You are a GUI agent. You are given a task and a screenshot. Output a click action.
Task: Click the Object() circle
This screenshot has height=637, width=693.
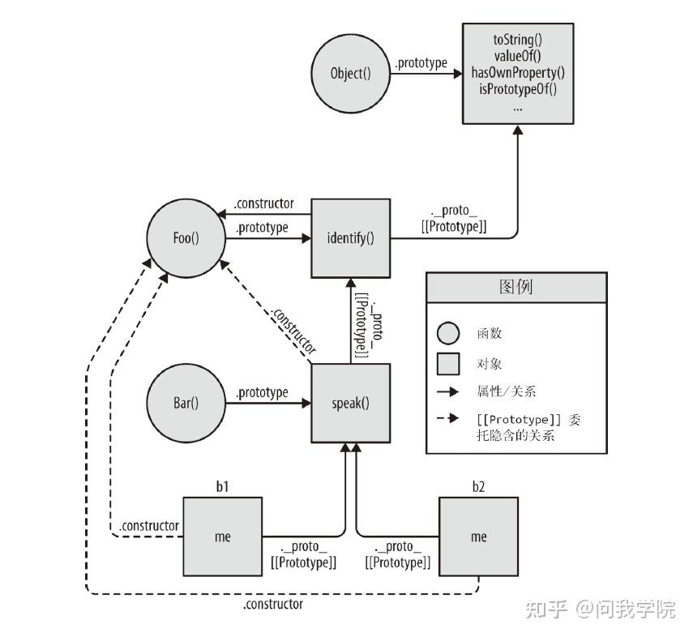coord(350,74)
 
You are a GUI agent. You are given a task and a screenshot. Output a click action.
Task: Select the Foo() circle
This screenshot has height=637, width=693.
coord(186,237)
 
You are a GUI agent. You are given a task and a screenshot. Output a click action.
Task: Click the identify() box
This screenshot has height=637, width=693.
coord(350,237)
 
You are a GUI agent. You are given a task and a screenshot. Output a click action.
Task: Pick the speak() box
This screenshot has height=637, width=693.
coord(351,403)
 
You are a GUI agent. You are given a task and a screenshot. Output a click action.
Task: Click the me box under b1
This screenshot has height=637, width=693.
coord(221,537)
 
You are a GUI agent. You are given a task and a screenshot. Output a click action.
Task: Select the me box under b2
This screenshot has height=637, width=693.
coord(478,537)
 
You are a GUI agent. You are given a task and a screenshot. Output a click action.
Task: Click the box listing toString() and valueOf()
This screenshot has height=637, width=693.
coord(518,73)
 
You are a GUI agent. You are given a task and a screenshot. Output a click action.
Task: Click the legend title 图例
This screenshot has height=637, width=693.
coord(515,287)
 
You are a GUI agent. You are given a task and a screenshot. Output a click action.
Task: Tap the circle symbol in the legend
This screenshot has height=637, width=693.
coord(447,333)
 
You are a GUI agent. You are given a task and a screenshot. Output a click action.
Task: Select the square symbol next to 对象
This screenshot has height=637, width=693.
coord(447,363)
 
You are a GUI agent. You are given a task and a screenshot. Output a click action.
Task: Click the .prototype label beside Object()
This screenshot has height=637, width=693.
coord(420,62)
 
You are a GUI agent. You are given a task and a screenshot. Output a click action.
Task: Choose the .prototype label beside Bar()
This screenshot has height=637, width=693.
coord(261,392)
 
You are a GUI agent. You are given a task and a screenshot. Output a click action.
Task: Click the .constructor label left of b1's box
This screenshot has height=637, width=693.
coord(148,526)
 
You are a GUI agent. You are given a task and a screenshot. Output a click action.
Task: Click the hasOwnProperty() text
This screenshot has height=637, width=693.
coord(518,72)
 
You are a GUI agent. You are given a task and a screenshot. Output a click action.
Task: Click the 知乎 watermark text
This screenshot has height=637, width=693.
coord(545,609)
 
